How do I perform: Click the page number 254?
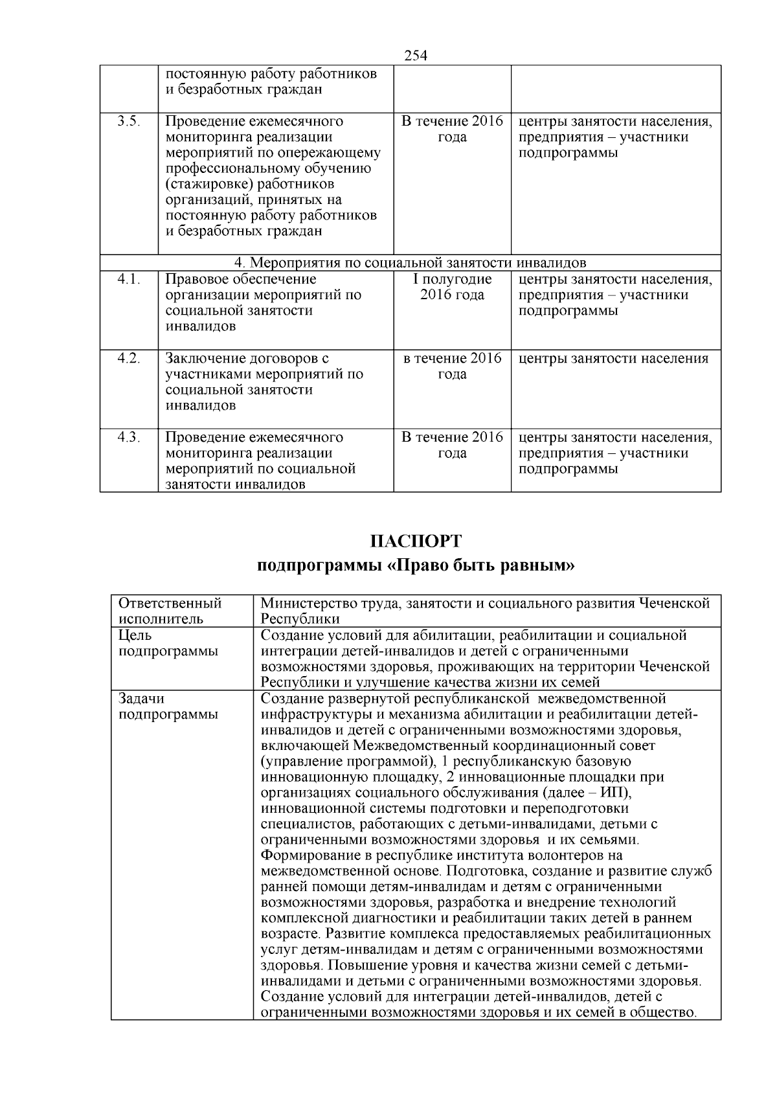pos(416,56)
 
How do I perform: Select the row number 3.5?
pos(129,122)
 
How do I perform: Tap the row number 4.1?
pos(129,279)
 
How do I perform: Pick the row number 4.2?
pos(129,358)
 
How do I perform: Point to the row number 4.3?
pos(129,437)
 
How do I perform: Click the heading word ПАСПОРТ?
pos(416,541)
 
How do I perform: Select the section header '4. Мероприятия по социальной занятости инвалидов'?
pos(410,262)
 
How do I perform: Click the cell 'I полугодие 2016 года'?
pos(452,287)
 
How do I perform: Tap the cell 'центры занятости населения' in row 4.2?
pos(613,358)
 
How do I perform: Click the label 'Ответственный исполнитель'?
pos(170,611)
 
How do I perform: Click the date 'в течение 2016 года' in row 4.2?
pos(452,366)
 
